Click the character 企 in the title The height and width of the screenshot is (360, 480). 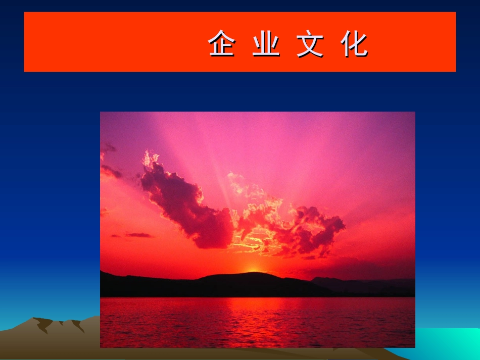click(222, 44)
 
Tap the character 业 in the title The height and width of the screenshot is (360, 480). click(266, 44)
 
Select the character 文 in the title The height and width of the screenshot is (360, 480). click(310, 44)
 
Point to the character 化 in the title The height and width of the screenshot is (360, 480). click(354, 44)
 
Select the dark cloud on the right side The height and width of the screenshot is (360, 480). click(318, 227)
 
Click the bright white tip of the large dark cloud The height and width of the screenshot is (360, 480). click(149, 159)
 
